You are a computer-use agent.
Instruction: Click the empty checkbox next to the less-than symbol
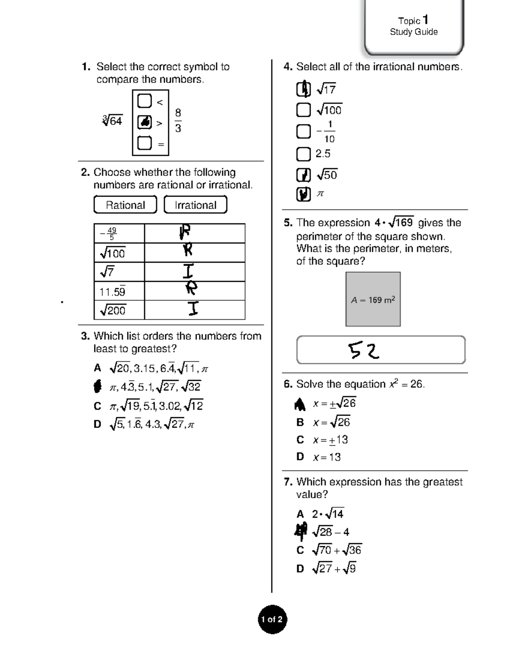click(x=144, y=101)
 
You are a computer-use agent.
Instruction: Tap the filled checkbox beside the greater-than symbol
click(x=144, y=122)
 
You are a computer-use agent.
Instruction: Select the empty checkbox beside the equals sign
click(x=144, y=143)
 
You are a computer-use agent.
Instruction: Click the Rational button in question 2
click(x=125, y=205)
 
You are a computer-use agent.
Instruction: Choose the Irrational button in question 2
click(x=195, y=205)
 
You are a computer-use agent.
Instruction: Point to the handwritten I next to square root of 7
click(x=188, y=271)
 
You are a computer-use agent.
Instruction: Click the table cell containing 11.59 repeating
click(x=119, y=292)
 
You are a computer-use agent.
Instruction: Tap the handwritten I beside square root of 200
click(x=193, y=309)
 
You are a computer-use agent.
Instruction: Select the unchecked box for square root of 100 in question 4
click(x=303, y=110)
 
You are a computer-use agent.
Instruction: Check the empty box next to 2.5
click(x=303, y=154)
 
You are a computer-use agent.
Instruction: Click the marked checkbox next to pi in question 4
click(x=303, y=194)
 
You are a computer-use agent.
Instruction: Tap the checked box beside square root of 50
click(x=303, y=175)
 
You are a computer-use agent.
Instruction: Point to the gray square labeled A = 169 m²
click(x=373, y=299)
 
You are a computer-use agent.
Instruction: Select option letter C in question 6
click(x=300, y=439)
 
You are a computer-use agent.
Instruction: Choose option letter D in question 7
click(x=300, y=569)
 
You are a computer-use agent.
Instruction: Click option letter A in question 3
click(x=97, y=368)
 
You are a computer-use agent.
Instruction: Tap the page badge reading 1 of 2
click(x=272, y=619)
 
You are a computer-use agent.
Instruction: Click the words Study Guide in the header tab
click(x=414, y=32)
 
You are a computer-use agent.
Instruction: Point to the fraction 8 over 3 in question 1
click(x=178, y=120)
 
